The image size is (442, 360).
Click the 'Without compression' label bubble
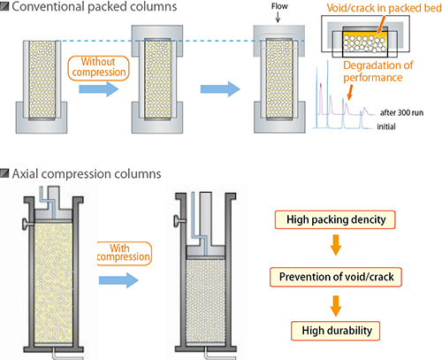pyautogui.click(x=99, y=68)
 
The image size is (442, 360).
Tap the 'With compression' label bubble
pyautogui.click(x=124, y=253)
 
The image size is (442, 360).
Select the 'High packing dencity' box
pyautogui.click(x=335, y=219)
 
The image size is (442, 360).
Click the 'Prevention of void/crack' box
pyautogui.click(x=336, y=277)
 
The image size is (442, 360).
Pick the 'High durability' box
pyautogui.click(x=336, y=331)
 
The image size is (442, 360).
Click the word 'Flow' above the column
pyautogui.click(x=279, y=6)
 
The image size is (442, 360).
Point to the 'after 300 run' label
pyautogui.click(x=401, y=112)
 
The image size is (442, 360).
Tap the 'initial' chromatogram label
pyautogui.click(x=386, y=126)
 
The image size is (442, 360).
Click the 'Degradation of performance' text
pyautogui.click(x=378, y=72)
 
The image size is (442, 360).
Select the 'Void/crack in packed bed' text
pyautogui.click(x=384, y=8)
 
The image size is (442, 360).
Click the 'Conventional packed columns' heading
pyautogui.click(x=95, y=6)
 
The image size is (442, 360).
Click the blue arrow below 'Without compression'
pyautogui.click(x=99, y=88)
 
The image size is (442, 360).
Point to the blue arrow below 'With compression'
pyautogui.click(x=118, y=280)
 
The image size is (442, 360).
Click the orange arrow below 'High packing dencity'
pyautogui.click(x=336, y=245)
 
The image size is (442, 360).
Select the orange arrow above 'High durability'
pyautogui.click(x=336, y=306)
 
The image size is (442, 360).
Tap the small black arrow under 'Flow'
pyautogui.click(x=278, y=18)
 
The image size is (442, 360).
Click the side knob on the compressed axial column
pyautogui.click(x=179, y=220)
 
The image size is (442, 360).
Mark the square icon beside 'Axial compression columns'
pyautogui.click(x=4, y=173)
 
